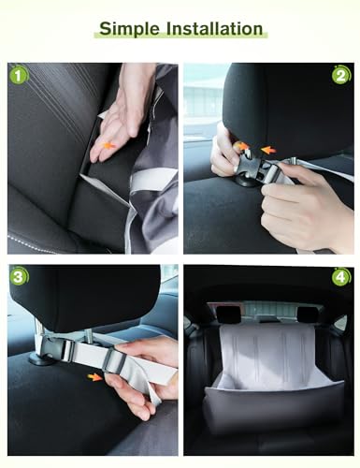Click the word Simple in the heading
coord(129,29)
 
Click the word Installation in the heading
coord(214,28)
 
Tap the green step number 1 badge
coord(19,76)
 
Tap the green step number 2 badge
coord(341,75)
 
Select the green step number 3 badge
coord(19,276)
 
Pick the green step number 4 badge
coord(341,277)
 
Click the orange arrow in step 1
coord(108,145)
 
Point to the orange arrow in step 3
coord(94,377)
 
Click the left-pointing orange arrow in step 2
coord(268,150)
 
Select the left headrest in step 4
coord(227,314)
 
